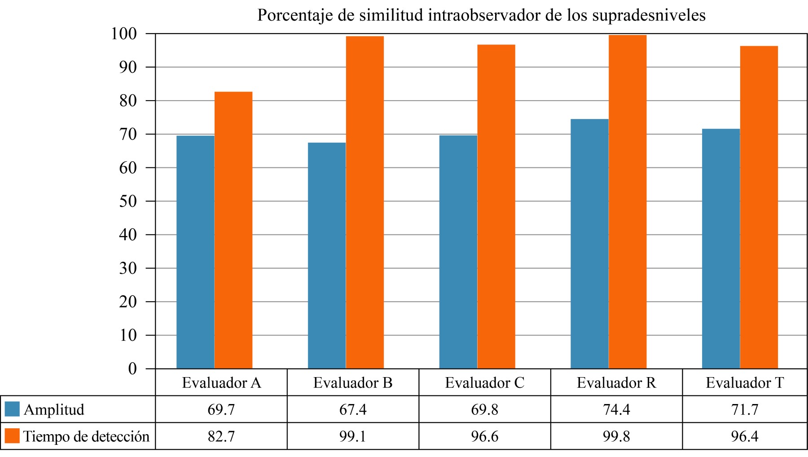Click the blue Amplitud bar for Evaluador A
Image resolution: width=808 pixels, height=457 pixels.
pos(195,251)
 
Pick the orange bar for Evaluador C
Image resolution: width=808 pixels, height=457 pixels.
pos(496,207)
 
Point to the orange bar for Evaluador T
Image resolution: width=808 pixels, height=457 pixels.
pos(759,207)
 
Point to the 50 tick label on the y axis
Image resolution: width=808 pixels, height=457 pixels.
pos(127,201)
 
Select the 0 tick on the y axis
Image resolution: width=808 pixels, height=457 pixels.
pos(132,369)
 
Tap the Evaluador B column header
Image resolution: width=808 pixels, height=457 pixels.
pos(353,382)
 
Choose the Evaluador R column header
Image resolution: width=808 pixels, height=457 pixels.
pos(616,382)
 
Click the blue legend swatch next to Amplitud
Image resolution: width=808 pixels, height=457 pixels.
pos(12,409)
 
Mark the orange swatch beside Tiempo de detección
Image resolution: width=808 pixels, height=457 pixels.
pos(12,436)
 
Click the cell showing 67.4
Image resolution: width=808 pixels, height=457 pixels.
pos(353,409)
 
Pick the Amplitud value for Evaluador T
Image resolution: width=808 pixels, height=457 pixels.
pos(745,409)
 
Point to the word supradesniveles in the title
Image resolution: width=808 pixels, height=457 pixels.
pos(649,15)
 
